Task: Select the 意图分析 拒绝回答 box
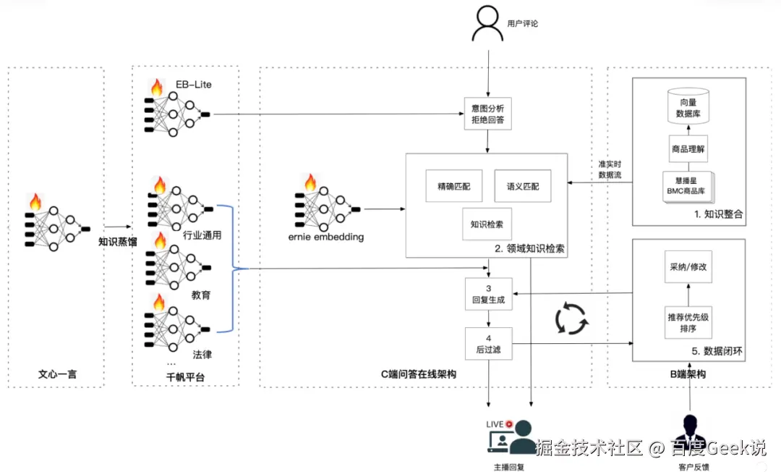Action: click(487, 114)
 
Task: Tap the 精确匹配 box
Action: click(448, 186)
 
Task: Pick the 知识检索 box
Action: click(487, 224)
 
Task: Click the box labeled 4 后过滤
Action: click(488, 342)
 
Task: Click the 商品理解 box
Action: click(688, 151)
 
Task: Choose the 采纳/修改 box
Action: click(688, 266)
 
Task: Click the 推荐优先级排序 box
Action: click(688, 322)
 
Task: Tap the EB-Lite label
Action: click(194, 85)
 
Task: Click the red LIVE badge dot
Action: click(509, 423)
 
